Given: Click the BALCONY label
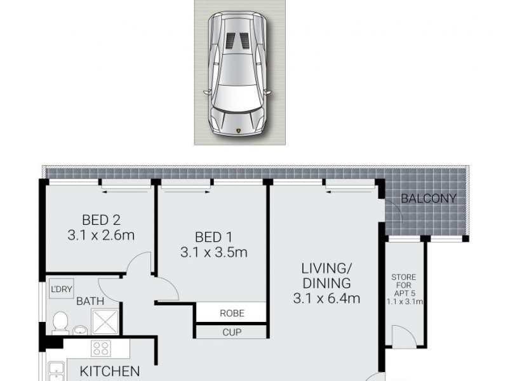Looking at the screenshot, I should click(x=429, y=199).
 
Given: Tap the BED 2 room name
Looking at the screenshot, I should click(x=100, y=220).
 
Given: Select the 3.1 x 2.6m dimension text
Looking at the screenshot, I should click(x=100, y=236).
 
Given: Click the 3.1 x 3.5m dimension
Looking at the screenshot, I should click(x=213, y=252).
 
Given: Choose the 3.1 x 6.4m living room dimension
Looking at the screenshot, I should click(x=326, y=297).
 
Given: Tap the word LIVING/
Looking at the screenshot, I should click(x=326, y=267).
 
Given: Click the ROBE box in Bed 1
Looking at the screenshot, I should click(x=231, y=313).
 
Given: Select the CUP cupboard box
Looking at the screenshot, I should click(x=231, y=332).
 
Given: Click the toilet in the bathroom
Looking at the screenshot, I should click(x=61, y=322).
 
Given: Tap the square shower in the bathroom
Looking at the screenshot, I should click(x=104, y=321).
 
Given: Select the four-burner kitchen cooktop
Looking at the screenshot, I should click(x=101, y=349).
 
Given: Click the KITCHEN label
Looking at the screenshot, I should click(x=109, y=371).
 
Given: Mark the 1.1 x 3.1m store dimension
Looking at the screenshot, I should click(x=404, y=301).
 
